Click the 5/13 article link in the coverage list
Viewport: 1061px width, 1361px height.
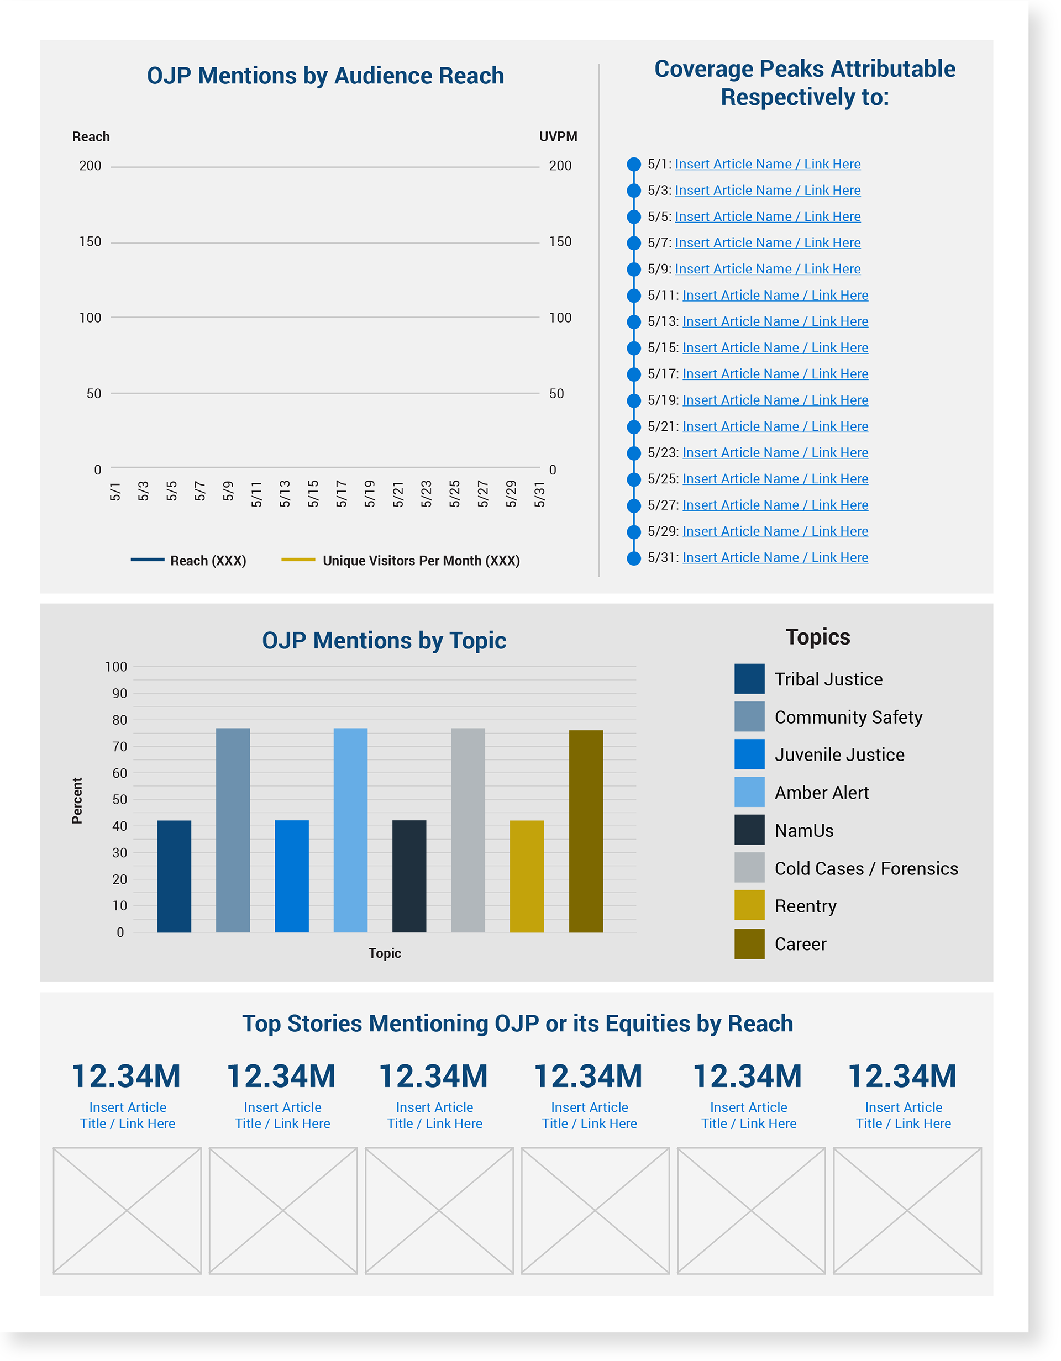click(x=775, y=321)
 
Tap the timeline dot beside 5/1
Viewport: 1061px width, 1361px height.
click(x=633, y=165)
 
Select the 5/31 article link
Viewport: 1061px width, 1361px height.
click(x=775, y=558)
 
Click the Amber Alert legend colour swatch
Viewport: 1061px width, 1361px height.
click(x=749, y=792)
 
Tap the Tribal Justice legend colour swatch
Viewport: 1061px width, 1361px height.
click(x=749, y=679)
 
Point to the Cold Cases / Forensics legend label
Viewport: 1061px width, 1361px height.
click(x=866, y=868)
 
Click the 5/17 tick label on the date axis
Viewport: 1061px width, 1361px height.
click(x=341, y=494)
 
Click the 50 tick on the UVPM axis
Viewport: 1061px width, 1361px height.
click(x=556, y=394)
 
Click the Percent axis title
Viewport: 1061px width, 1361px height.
click(x=77, y=800)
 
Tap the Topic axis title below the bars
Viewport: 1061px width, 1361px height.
click(x=384, y=953)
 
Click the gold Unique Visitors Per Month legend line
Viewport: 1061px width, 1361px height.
click(x=298, y=560)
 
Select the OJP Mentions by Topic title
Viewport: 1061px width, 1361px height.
click(x=384, y=641)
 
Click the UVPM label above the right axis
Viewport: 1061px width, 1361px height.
click(x=558, y=136)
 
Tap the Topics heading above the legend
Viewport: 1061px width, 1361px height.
click(x=817, y=637)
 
